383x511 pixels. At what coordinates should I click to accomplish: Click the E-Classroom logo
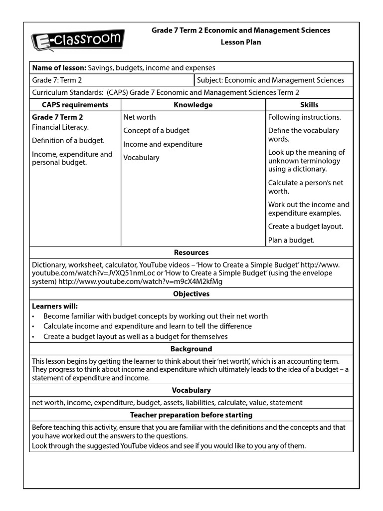78,39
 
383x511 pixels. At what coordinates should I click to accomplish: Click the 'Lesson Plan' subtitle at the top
240,42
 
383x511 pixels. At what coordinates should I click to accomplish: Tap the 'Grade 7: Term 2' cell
57,80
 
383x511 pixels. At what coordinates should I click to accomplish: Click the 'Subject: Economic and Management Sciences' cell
270,80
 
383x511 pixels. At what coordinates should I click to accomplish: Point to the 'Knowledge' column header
193,105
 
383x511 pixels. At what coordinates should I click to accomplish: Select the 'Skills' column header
309,105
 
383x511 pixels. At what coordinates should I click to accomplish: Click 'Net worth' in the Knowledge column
140,117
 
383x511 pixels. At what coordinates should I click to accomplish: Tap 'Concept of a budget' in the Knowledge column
157,131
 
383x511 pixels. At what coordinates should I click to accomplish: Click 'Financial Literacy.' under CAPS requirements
60,127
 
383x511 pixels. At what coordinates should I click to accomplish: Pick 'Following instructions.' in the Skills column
305,117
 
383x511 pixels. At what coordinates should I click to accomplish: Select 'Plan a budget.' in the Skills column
291,240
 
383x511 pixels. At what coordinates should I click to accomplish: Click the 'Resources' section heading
191,253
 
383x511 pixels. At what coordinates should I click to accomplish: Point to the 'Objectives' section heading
191,294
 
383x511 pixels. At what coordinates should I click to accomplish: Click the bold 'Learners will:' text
55,306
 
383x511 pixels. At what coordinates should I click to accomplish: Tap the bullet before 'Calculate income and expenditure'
33,326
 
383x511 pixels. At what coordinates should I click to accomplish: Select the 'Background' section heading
191,349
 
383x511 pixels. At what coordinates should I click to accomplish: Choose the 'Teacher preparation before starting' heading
191,415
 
